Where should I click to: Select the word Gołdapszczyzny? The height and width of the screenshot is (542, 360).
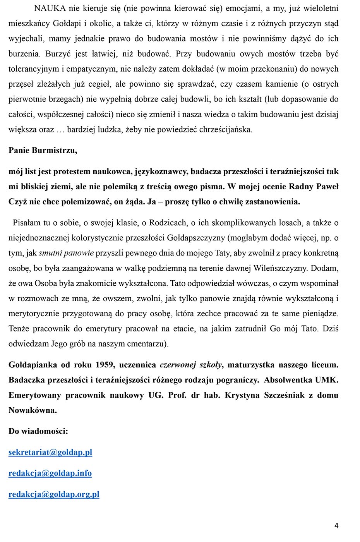click(x=200, y=238)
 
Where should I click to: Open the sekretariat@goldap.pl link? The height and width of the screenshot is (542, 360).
click(x=50, y=452)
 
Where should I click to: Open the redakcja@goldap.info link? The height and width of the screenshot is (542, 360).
click(x=50, y=473)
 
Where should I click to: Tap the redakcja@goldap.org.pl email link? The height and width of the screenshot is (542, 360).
click(x=54, y=494)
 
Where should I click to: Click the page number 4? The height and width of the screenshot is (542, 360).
click(x=336, y=525)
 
